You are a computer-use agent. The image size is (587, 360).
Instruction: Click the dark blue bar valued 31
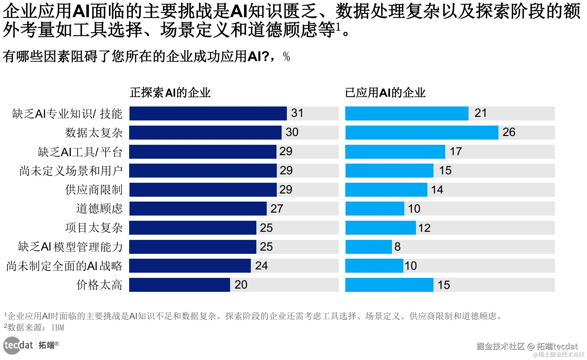208,113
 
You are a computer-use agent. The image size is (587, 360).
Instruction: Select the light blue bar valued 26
422,132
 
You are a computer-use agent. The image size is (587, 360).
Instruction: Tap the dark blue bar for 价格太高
179,285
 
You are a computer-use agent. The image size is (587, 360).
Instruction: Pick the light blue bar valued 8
368,247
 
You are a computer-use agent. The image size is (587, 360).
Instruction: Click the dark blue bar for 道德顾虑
198,208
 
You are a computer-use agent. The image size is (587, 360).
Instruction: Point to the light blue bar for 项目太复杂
380,228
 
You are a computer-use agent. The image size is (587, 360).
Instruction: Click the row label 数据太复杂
94,132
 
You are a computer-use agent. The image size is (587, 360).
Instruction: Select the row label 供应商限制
94,190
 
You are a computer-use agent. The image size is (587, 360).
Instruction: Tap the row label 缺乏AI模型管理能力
70,247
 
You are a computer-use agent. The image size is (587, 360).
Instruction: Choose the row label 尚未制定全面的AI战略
64,266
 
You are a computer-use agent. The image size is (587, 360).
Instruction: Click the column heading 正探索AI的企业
170,93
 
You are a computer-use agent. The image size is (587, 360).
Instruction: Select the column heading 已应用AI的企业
385,93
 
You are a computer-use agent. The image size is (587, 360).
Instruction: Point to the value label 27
277,208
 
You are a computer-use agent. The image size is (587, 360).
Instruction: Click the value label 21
481,113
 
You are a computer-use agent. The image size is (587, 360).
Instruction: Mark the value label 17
456,151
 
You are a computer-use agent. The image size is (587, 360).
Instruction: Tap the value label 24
262,266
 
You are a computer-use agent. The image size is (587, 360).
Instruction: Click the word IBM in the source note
58,328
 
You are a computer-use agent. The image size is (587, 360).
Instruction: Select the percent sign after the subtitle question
286,57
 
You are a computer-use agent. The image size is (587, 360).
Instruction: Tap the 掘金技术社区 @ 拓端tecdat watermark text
527,346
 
